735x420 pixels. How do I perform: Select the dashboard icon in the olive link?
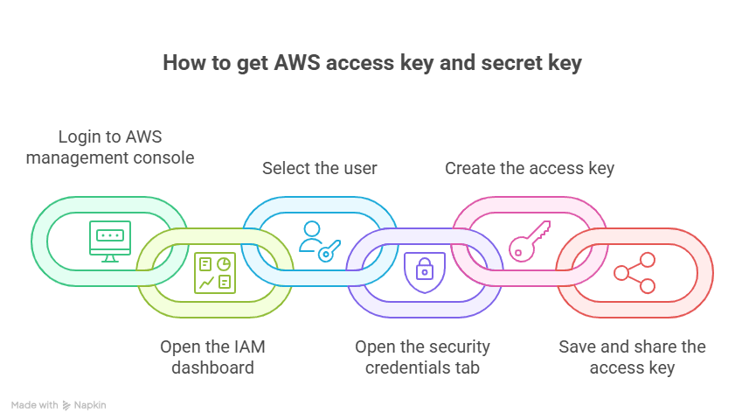coord(214,272)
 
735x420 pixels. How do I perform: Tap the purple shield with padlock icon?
coord(424,272)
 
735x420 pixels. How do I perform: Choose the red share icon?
coord(634,272)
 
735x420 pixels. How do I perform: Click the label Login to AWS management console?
coord(110,147)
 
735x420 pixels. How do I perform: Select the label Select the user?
coord(320,168)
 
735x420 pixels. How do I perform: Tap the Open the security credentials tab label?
coord(423,357)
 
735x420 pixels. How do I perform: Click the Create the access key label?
coord(530,168)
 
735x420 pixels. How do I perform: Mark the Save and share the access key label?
coord(632,357)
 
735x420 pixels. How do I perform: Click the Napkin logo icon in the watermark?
coord(67,406)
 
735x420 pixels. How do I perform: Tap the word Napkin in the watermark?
coord(90,405)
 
